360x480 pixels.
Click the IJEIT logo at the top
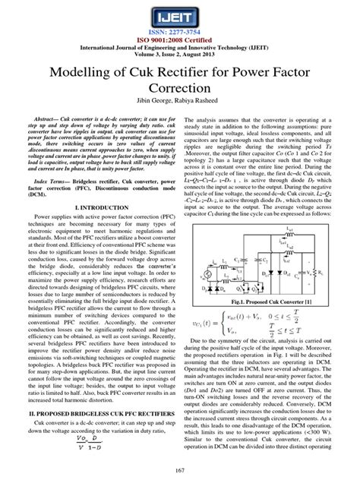tap(180, 15)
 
